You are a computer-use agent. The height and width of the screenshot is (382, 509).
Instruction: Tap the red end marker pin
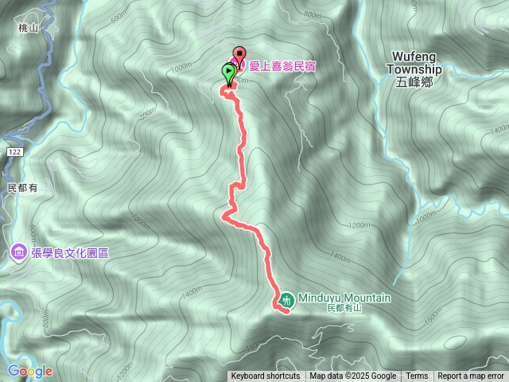click(x=239, y=57)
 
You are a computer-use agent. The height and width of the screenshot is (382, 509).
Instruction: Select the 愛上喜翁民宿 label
click(x=282, y=66)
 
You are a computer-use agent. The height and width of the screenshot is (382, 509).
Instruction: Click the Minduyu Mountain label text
click(x=344, y=298)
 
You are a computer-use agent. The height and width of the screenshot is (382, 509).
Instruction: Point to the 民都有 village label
click(x=22, y=188)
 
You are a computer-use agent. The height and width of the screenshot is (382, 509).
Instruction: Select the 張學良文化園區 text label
click(x=70, y=253)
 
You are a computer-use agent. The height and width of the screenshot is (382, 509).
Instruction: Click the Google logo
click(x=29, y=371)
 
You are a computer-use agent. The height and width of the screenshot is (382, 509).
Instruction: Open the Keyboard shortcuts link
click(x=266, y=376)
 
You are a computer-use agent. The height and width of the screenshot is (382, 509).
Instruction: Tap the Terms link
click(x=417, y=376)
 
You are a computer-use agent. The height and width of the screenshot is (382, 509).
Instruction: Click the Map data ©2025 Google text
click(x=352, y=376)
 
